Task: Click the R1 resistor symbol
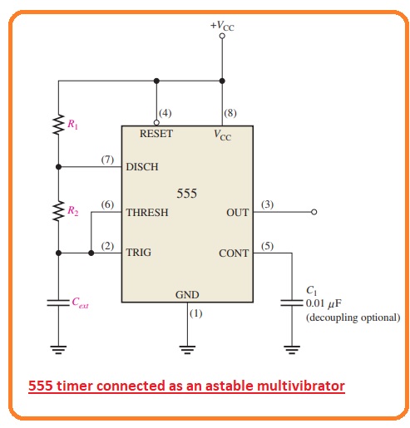pyautogui.click(x=58, y=125)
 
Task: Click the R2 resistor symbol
pyautogui.click(x=58, y=211)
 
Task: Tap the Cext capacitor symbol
pyautogui.click(x=58, y=303)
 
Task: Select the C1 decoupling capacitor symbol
pyautogui.click(x=292, y=303)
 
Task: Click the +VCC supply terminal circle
pyautogui.click(x=222, y=36)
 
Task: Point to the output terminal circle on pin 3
pyautogui.click(x=314, y=212)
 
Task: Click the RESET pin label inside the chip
pyautogui.click(x=156, y=134)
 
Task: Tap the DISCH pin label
pyautogui.click(x=142, y=167)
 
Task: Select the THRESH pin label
pyautogui.click(x=147, y=213)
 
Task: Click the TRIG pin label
pyautogui.click(x=139, y=253)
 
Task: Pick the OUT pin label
pyautogui.click(x=238, y=213)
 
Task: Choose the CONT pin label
pyautogui.click(x=234, y=253)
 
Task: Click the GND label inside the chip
pyautogui.click(x=187, y=295)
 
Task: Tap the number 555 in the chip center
pyautogui.click(x=187, y=194)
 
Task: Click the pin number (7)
pyautogui.click(x=107, y=160)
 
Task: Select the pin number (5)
pyautogui.click(x=267, y=246)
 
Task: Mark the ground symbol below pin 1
pyautogui.click(x=187, y=350)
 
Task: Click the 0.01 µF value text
pyautogui.click(x=324, y=303)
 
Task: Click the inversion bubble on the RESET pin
pyautogui.click(x=156, y=122)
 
